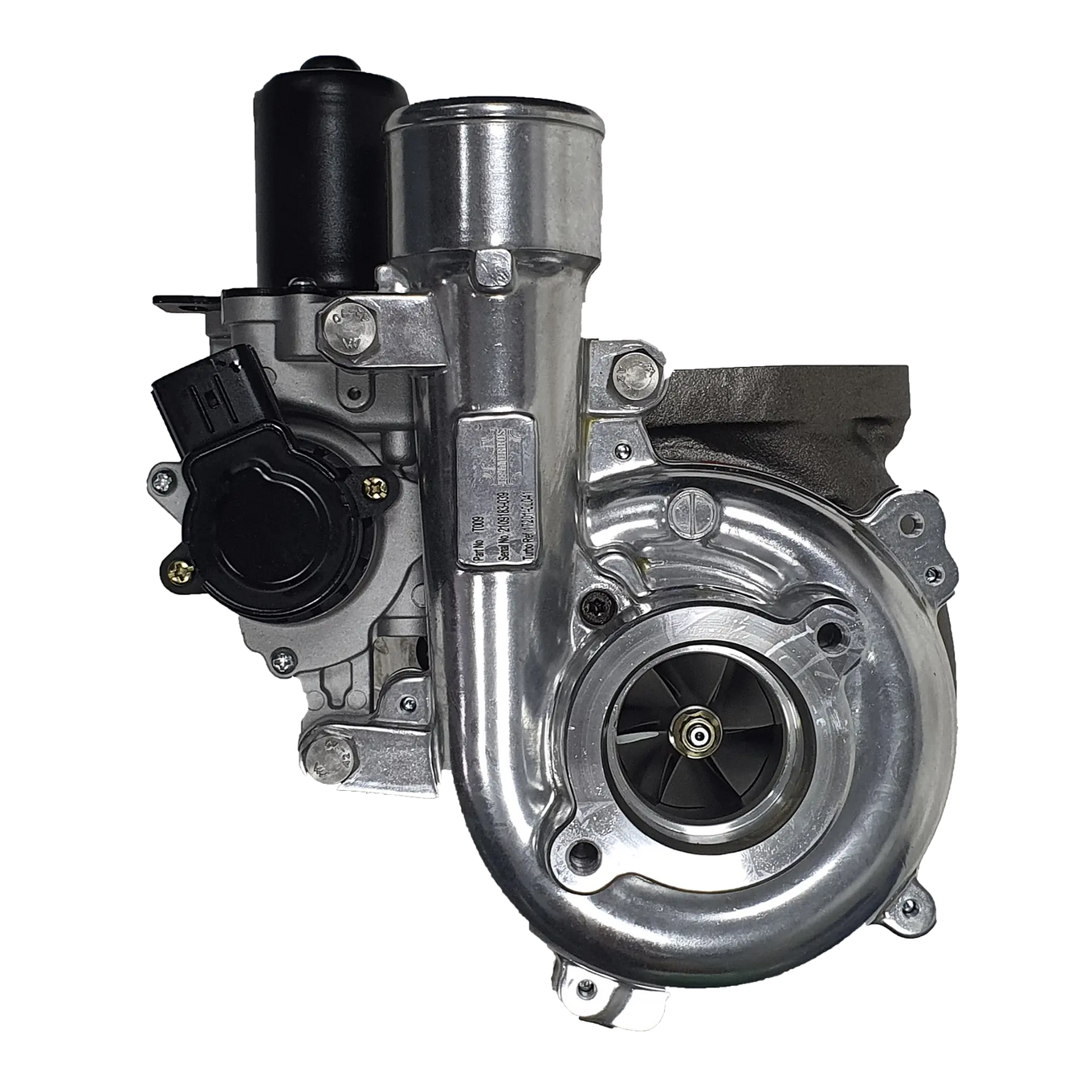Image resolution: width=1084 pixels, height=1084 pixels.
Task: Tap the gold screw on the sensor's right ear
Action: click(x=373, y=487)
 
